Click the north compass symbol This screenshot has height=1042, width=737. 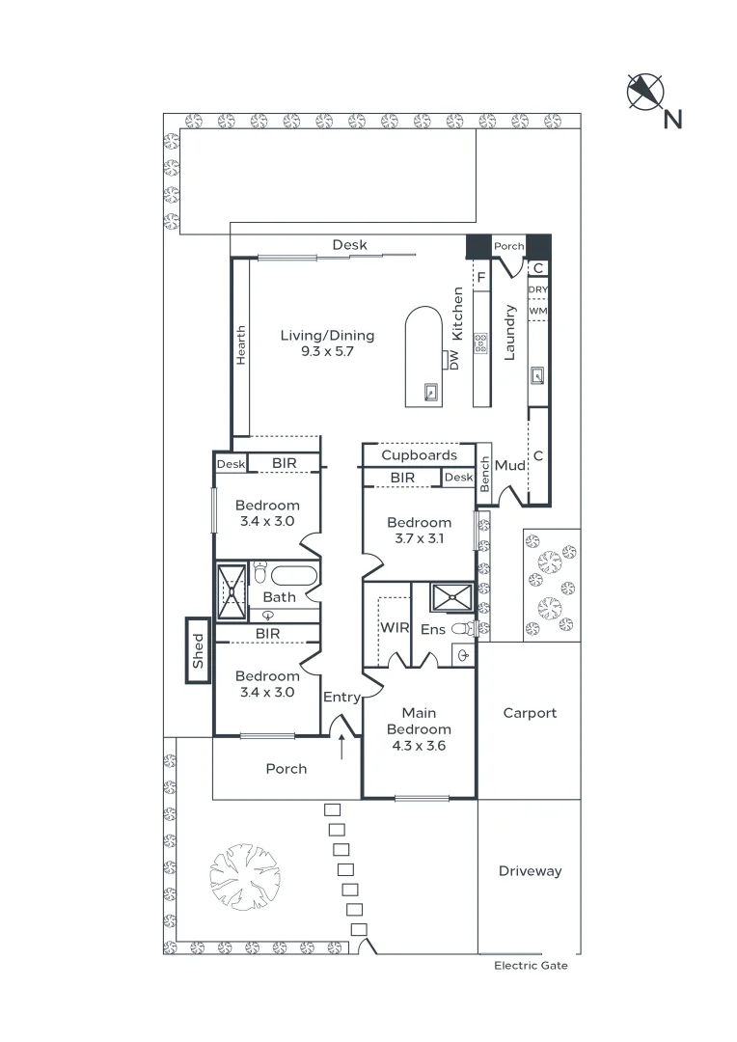[646, 92]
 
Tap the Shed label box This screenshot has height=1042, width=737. [198, 651]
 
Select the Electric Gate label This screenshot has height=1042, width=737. [531, 965]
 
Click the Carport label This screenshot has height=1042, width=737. [530, 713]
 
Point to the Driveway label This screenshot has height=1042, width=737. [530, 871]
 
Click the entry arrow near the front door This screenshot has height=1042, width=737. [342, 745]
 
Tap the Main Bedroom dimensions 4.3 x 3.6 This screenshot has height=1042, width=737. [419, 745]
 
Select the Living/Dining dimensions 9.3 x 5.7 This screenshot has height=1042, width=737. [327, 351]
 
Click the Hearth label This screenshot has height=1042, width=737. [240, 344]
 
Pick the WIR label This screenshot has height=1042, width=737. [395, 628]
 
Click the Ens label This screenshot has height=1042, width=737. [433, 629]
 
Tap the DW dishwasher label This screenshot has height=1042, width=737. [453, 360]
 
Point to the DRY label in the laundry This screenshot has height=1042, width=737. [538, 289]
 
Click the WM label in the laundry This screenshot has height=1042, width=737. [538, 311]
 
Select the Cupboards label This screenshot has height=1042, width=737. [419, 455]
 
